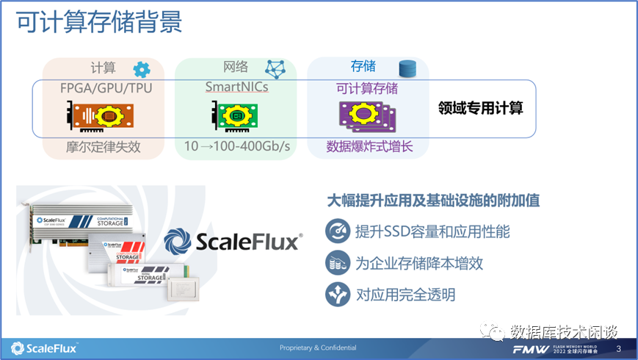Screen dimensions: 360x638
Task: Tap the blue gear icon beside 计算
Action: coord(141,70)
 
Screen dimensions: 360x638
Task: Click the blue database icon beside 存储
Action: coord(407,69)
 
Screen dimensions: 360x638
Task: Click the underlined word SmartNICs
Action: coord(236,87)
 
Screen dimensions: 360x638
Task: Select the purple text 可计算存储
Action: coord(367,88)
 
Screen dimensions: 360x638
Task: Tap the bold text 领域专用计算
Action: coord(481,108)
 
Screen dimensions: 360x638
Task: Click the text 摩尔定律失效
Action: coord(102,147)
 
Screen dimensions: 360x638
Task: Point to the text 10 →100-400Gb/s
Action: coord(236,147)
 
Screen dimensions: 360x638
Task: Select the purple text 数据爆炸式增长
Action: coord(370,147)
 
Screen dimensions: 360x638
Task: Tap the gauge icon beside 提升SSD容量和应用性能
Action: coord(338,231)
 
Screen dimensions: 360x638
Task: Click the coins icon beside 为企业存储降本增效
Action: coord(338,263)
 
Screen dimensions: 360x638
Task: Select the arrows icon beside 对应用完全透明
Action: coord(338,295)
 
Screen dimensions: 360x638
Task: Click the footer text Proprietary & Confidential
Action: coord(318,348)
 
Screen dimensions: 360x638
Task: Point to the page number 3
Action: coord(618,348)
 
